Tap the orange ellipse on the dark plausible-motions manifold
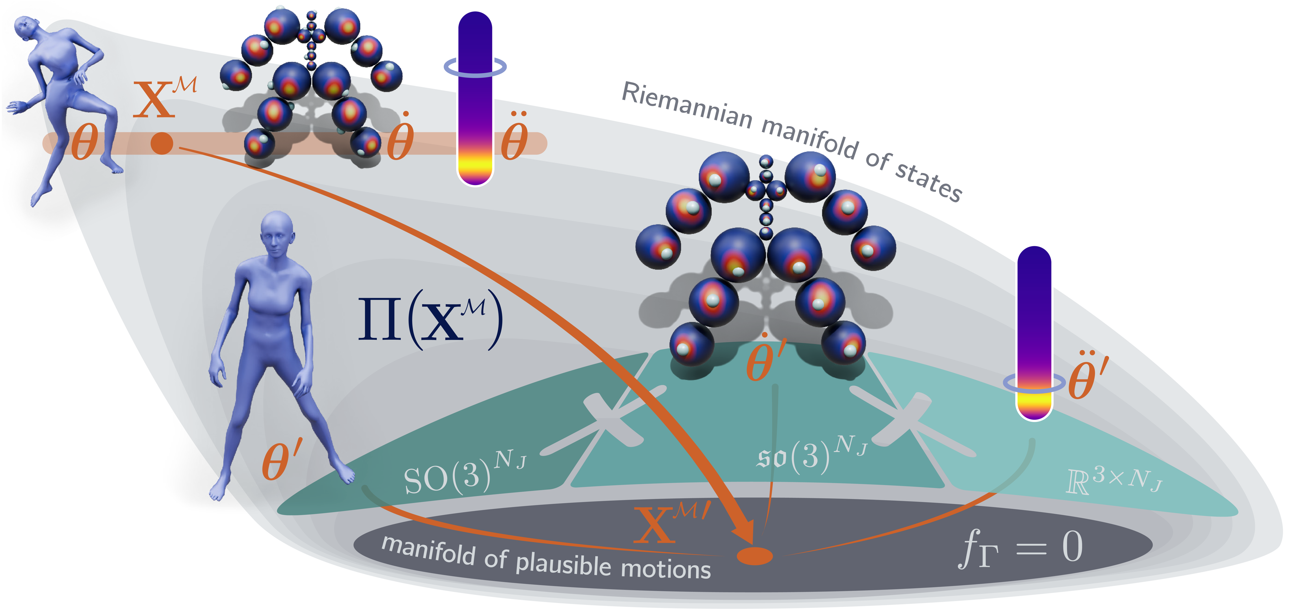pos(755,555)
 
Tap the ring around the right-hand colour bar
pos(1034,383)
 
